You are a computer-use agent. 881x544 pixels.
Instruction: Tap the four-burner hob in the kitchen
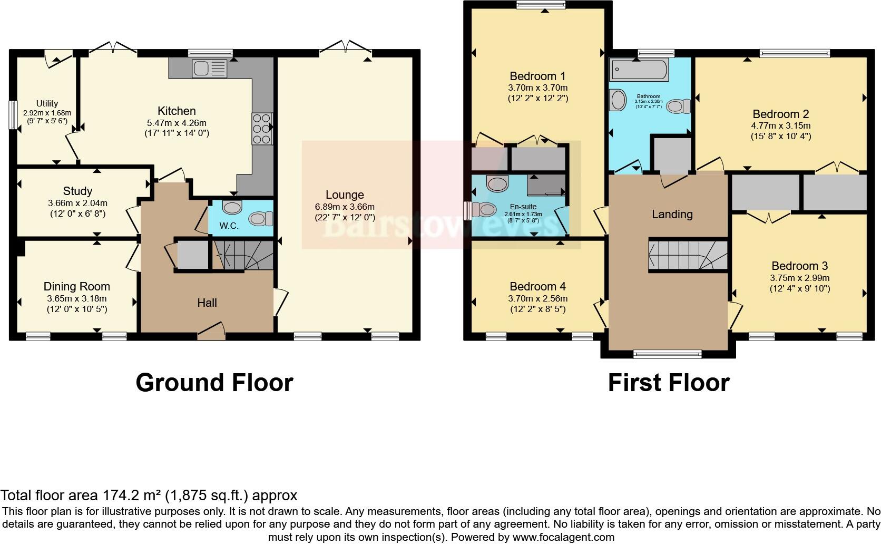pyautogui.click(x=261, y=128)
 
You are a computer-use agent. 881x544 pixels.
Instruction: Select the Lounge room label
pyautogui.click(x=345, y=195)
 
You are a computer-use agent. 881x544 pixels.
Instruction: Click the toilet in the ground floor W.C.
pyautogui.click(x=261, y=218)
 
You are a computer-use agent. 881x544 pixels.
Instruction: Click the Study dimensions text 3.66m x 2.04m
pyautogui.click(x=77, y=203)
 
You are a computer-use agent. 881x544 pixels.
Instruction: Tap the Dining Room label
pyautogui.click(x=77, y=286)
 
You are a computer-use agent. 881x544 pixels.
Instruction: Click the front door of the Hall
pyautogui.click(x=211, y=332)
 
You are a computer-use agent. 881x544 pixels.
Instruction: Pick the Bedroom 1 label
pyautogui.click(x=537, y=76)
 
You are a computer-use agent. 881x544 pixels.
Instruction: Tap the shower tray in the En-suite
pyautogui.click(x=546, y=186)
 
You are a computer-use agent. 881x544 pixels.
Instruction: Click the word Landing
pyautogui.click(x=672, y=214)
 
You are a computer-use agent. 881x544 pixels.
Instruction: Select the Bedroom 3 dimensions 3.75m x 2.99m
pyautogui.click(x=799, y=278)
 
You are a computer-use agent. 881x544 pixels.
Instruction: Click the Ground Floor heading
pyautogui.click(x=214, y=382)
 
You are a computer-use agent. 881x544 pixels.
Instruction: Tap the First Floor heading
pyautogui.click(x=668, y=382)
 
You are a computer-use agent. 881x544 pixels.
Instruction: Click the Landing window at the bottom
pyautogui.click(x=668, y=354)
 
